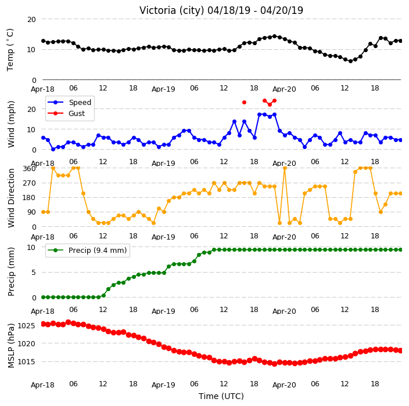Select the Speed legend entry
coord(69,102)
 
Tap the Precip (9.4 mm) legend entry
coord(87,250)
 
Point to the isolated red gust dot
coord(244,102)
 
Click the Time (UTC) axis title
coord(221,396)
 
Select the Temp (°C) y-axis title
coord(10,50)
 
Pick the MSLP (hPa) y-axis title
coord(10,346)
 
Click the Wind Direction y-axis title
coord(11,198)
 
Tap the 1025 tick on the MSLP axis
coord(26,326)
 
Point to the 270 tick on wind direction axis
coord(29,183)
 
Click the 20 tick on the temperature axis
coord(31,20)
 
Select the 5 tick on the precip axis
coord(34,273)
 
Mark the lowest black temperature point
coord(350,61)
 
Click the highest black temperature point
coord(274,36)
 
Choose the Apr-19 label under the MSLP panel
coord(163,385)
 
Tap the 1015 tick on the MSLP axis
coord(26,362)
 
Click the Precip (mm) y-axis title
coord(10,271)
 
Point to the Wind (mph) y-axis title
coord(11,124)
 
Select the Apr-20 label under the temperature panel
coord(284,89)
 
